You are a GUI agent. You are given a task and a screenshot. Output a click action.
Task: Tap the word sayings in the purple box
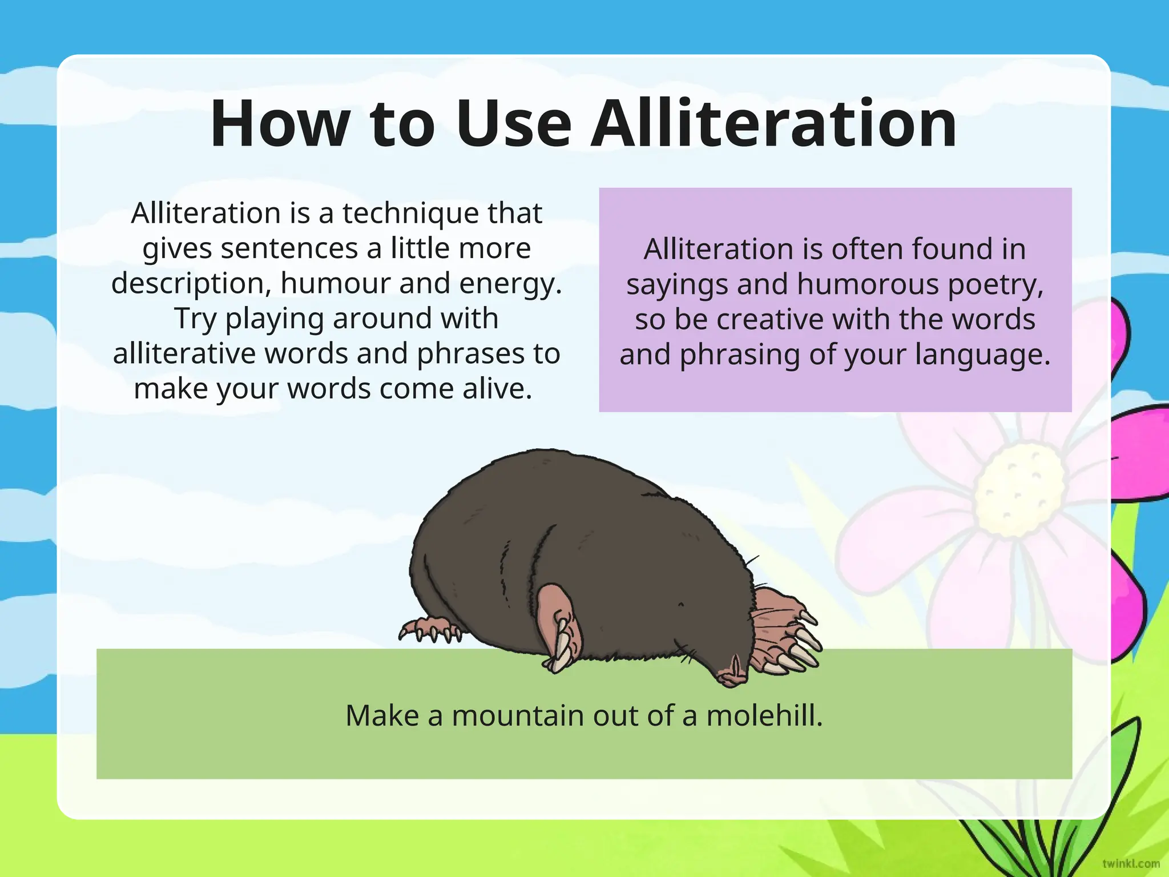pyautogui.click(x=677, y=285)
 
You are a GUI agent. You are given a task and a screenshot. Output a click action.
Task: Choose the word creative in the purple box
pyautogui.click(x=771, y=319)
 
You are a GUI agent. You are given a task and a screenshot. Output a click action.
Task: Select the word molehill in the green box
pyautogui.click(x=764, y=715)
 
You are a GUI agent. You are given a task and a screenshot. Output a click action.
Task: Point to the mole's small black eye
pyautogui.click(x=680, y=604)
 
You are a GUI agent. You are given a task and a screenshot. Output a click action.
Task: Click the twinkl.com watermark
pyautogui.click(x=1131, y=863)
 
